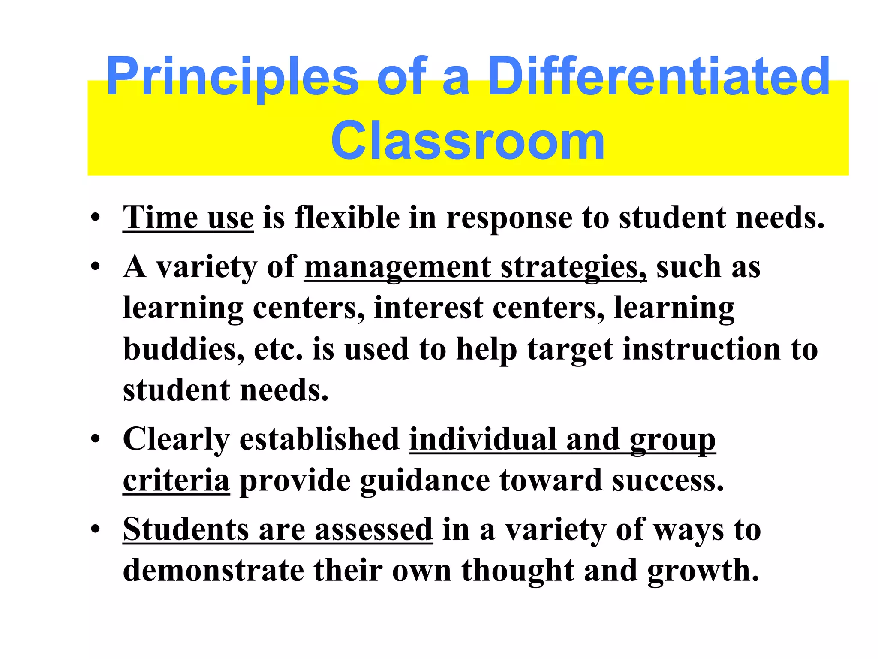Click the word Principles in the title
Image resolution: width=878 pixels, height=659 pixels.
[232, 77]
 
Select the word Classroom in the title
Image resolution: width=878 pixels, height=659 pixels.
[468, 140]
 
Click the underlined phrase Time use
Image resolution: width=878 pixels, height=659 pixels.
[188, 218]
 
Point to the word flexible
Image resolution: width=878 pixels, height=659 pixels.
[347, 218]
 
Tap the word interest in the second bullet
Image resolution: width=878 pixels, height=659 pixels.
[428, 308]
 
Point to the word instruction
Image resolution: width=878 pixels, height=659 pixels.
[701, 349]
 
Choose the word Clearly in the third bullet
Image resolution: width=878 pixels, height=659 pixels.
[176, 440]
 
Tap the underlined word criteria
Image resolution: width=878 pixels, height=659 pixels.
[176, 480]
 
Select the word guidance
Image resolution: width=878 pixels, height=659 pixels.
[425, 480]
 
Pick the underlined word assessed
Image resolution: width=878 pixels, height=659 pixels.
[373, 529]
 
